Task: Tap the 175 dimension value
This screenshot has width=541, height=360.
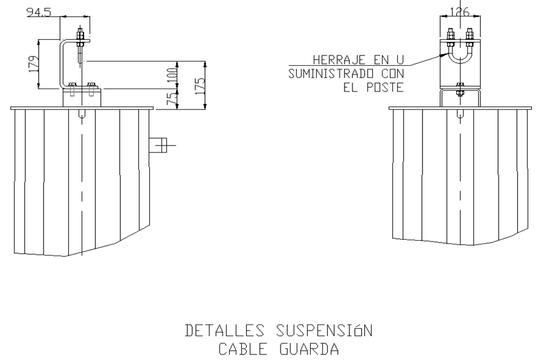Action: (200, 84)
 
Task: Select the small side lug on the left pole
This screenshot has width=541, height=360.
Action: (159, 145)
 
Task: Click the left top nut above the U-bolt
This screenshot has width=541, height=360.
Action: (450, 34)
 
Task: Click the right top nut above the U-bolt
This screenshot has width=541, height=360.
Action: (469, 34)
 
